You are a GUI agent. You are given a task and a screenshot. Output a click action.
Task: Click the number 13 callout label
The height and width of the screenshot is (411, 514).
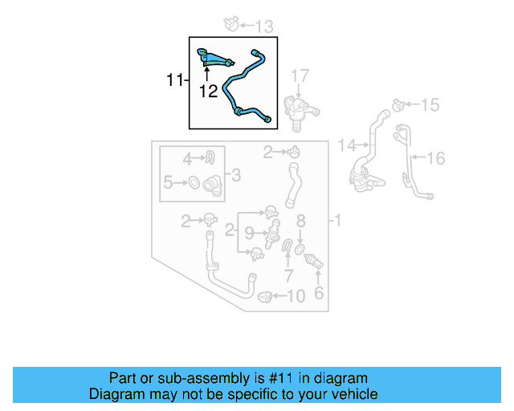(263, 26)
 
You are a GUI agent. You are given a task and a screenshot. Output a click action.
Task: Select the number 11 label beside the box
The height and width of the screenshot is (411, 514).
(175, 80)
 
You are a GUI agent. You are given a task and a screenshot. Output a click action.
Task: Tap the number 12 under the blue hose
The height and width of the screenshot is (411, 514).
(208, 92)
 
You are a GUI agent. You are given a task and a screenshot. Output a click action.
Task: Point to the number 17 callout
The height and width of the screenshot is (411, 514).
(299, 77)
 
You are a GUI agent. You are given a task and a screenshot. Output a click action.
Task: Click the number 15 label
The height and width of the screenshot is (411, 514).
(430, 105)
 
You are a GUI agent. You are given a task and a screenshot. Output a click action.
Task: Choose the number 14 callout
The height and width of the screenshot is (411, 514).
(346, 145)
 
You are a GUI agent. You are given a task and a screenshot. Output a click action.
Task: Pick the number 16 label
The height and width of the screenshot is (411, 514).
(434, 158)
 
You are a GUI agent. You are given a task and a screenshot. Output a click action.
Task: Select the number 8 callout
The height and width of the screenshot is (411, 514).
(301, 220)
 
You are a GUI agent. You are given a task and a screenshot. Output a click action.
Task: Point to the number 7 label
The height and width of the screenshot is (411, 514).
(289, 275)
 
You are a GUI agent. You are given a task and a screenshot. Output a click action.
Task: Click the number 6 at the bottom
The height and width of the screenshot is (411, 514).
(319, 294)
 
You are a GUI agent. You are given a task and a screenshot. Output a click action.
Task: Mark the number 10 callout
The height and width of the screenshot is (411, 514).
(296, 297)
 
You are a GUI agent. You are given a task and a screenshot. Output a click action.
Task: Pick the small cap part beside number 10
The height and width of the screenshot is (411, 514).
(265, 298)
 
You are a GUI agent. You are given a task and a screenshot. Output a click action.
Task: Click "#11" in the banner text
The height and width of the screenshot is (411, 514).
(279, 378)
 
